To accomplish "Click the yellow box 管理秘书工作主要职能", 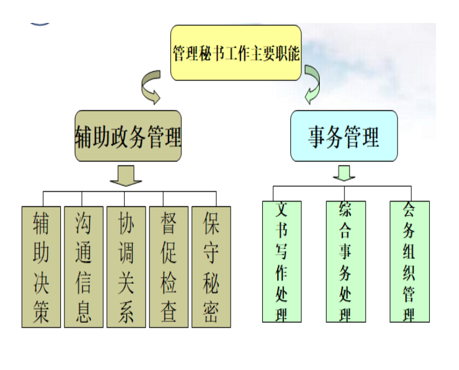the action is pyautogui.click(x=236, y=53).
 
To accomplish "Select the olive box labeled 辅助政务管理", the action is pyautogui.click(x=128, y=136).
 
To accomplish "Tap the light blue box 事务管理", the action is pyautogui.click(x=344, y=136).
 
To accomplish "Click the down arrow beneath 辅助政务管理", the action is pyautogui.click(x=126, y=175).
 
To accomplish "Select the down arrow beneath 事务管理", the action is pyautogui.click(x=344, y=173).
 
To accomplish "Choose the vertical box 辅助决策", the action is pyautogui.click(x=41, y=267).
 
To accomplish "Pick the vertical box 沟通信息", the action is pyautogui.click(x=84, y=267).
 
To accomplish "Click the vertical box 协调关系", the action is pyautogui.click(x=126, y=267).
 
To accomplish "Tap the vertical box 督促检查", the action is pyautogui.click(x=169, y=267).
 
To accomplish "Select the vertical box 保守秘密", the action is pyautogui.click(x=211, y=267).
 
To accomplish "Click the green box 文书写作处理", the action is pyautogui.click(x=282, y=262).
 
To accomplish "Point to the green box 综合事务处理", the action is pyautogui.click(x=346, y=262).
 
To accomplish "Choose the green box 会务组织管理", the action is pyautogui.click(x=410, y=262).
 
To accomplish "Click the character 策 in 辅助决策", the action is pyautogui.click(x=41, y=312).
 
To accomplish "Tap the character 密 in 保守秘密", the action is pyautogui.click(x=211, y=312).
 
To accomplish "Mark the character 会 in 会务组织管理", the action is pyautogui.click(x=409, y=210).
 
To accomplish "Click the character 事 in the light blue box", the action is pyautogui.click(x=317, y=137).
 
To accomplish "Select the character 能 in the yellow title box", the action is pyautogui.click(x=293, y=53).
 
